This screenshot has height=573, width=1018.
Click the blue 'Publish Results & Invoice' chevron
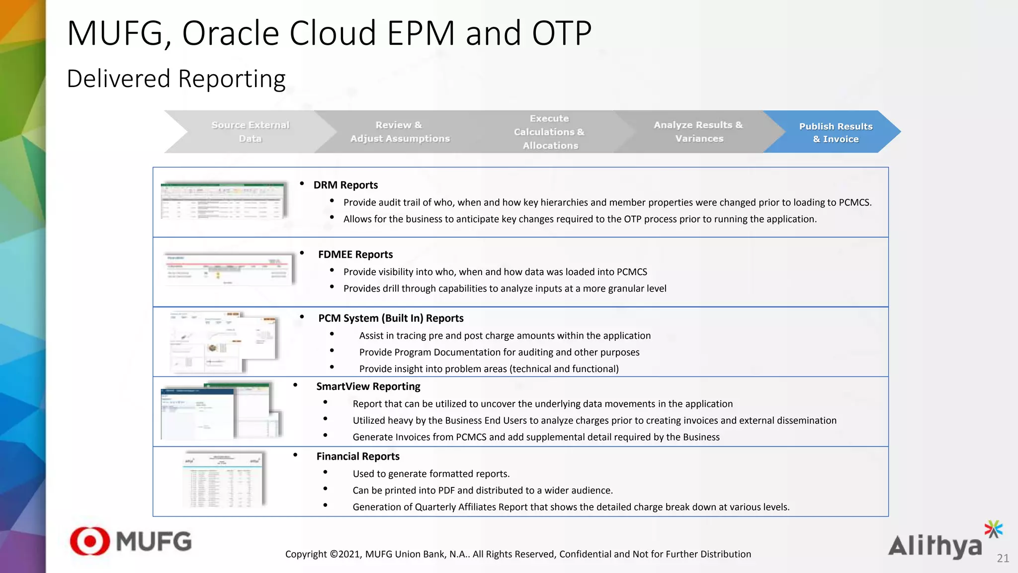[x=836, y=132]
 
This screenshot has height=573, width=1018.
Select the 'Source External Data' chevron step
[x=250, y=132]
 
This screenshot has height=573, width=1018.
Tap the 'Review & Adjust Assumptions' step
[x=400, y=132]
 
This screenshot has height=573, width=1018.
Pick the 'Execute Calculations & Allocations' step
[x=549, y=132]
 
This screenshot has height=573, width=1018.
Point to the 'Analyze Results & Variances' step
[x=698, y=132]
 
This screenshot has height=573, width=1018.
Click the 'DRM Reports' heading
[x=345, y=185]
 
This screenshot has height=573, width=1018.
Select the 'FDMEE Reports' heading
[x=355, y=255]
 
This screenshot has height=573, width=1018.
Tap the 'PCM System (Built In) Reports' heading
[x=391, y=318]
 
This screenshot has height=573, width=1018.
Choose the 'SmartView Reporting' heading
[x=368, y=386]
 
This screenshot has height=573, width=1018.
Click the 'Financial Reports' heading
[x=358, y=457]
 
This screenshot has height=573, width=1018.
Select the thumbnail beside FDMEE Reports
[x=229, y=269]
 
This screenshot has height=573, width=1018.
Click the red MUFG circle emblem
[x=90, y=541]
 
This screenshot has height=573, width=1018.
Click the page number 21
[x=1003, y=559]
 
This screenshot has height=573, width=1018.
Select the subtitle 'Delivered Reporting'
[x=176, y=79]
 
